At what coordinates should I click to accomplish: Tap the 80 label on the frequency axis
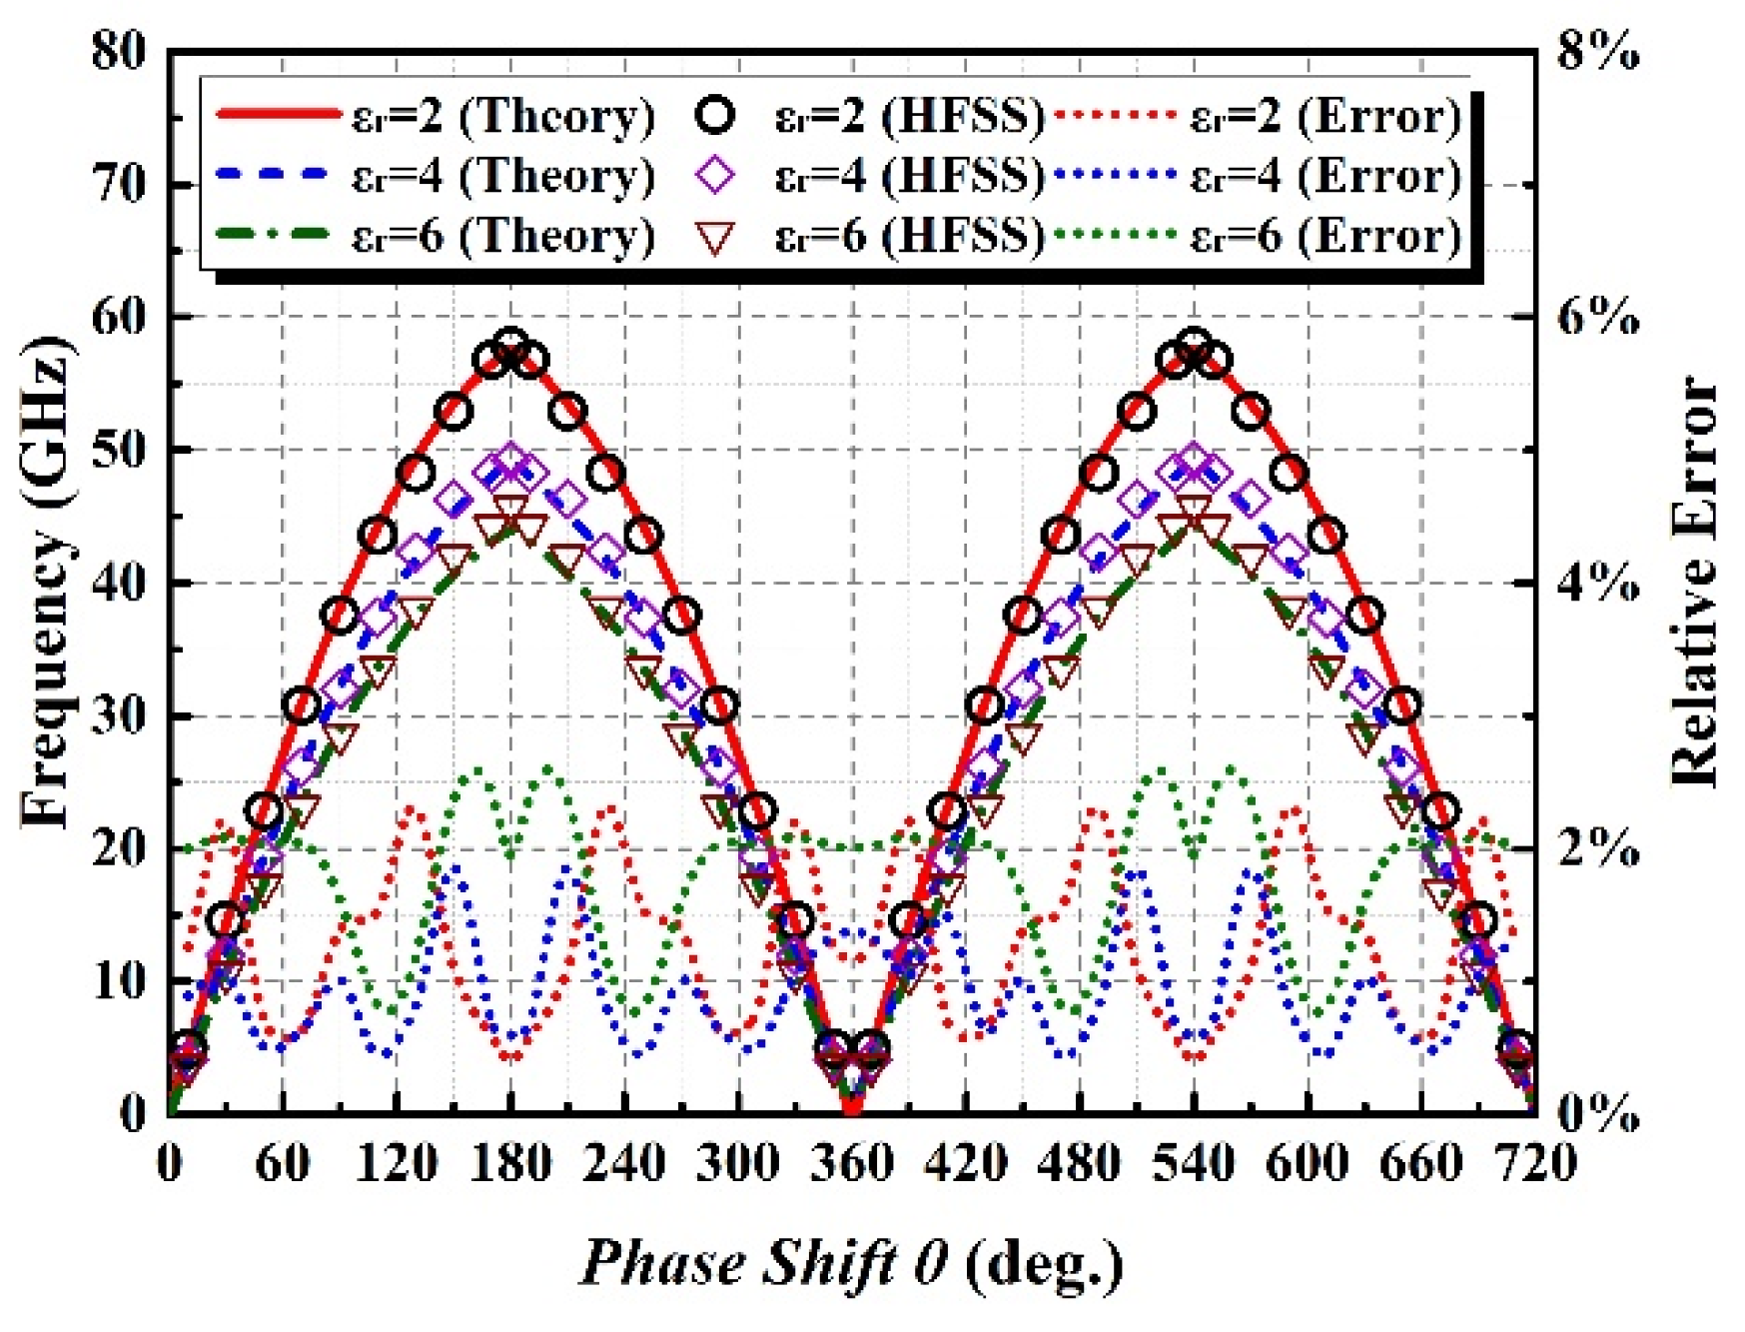click(118, 50)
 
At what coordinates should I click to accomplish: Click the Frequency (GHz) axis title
click(48, 583)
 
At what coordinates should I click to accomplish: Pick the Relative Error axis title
click(1695, 583)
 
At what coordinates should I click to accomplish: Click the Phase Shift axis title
click(851, 1262)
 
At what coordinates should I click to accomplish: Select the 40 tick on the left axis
click(118, 583)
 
